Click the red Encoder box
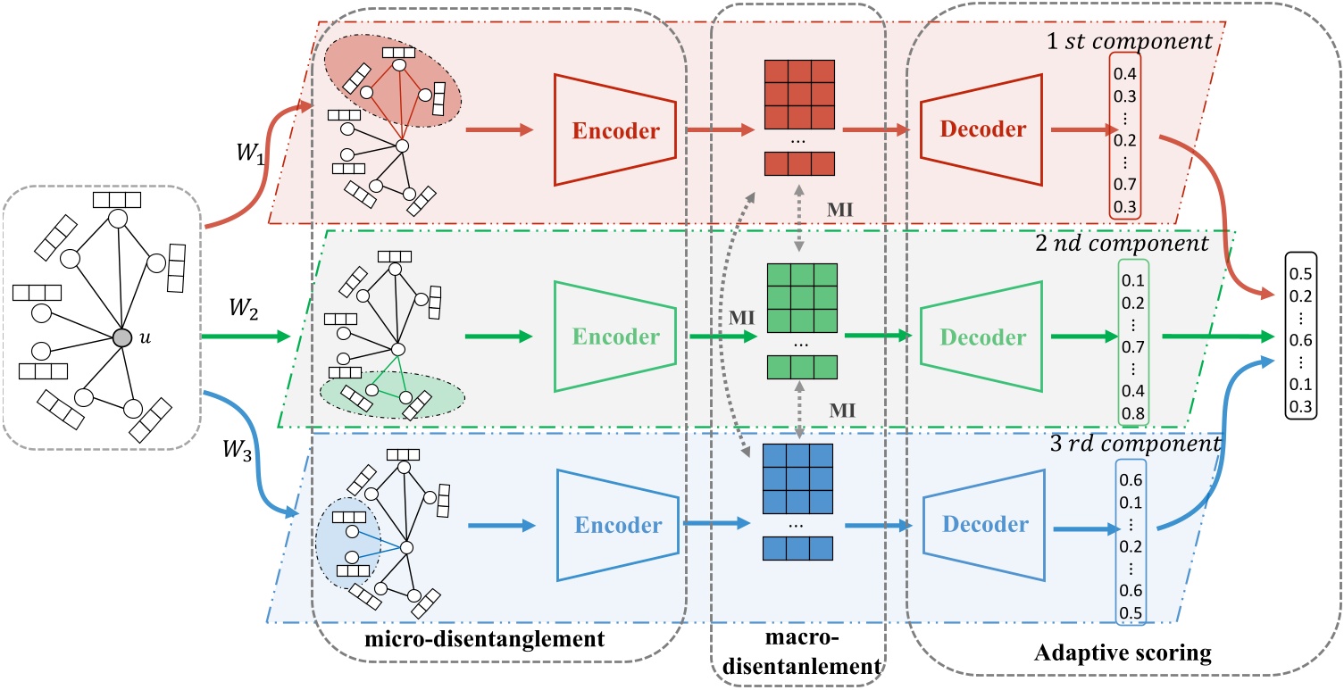click(x=615, y=130)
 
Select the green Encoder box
click(x=615, y=337)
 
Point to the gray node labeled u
click(x=122, y=337)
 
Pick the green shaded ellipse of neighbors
click(x=385, y=395)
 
